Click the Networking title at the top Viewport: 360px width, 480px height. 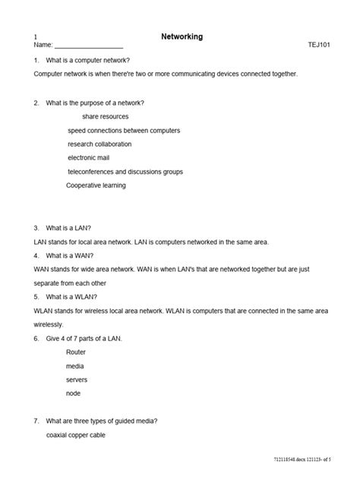(182, 36)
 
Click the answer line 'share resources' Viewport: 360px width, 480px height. (105, 117)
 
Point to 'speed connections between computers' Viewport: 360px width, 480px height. (123, 131)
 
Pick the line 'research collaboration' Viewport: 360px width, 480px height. (99, 144)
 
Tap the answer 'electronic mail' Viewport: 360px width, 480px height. (89, 158)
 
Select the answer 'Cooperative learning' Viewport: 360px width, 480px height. (96, 185)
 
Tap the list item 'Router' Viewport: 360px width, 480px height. (76, 352)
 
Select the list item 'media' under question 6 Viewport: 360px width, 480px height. (75, 365)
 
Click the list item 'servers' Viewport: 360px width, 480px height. (77, 379)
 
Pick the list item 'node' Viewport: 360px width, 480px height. (74, 393)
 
